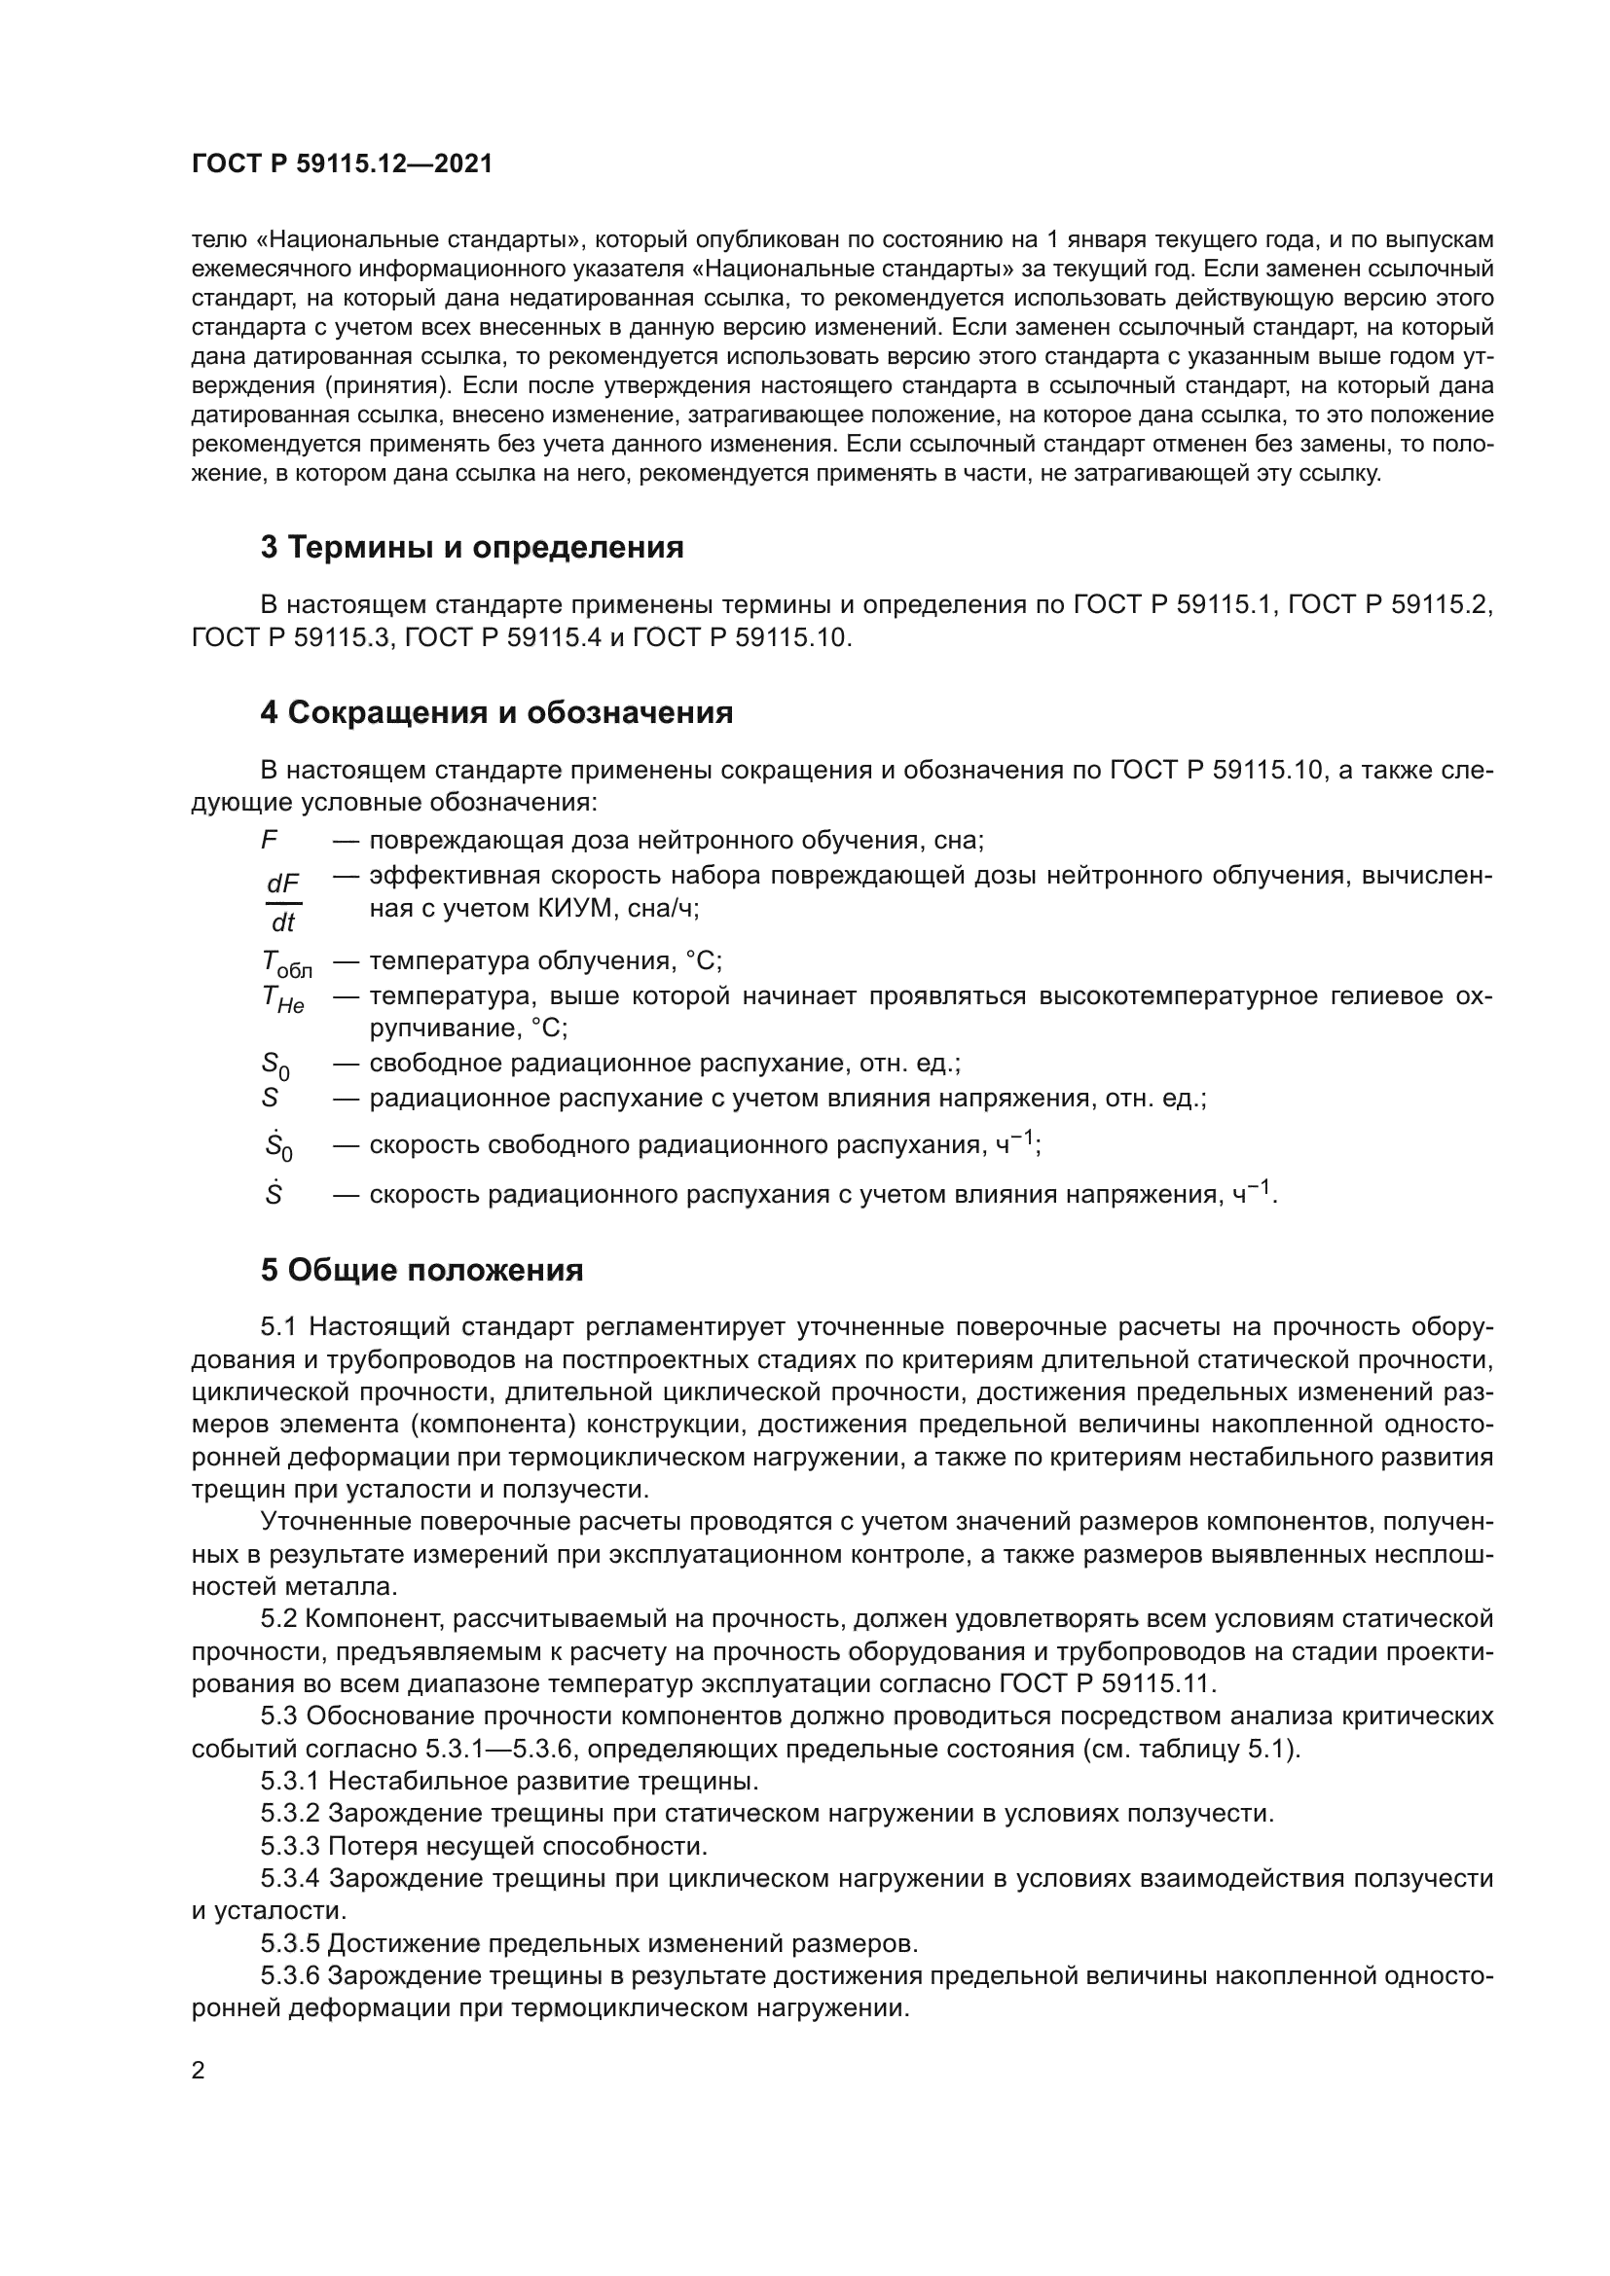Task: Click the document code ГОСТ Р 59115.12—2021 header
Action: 341,164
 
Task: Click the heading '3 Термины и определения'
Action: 472,547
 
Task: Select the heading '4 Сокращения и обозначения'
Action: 496,711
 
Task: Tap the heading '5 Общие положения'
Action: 421,1270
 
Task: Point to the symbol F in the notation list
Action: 269,841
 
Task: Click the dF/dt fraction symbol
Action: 283,902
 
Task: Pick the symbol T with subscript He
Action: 282,998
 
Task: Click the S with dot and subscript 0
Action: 277,1146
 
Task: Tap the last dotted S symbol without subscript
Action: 274,1195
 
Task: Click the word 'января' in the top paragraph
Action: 1096,240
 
